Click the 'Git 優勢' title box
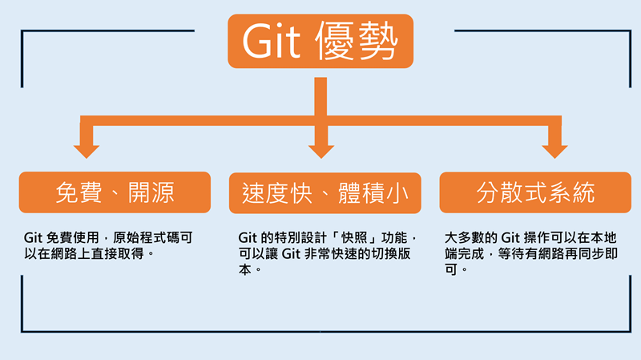pyautogui.click(x=320, y=42)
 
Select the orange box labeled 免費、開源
pyautogui.click(x=115, y=192)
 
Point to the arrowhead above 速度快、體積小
pyautogui.click(x=320, y=150)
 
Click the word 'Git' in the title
pyautogui.click(x=269, y=42)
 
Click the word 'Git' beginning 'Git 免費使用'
pyautogui.click(x=34, y=239)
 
